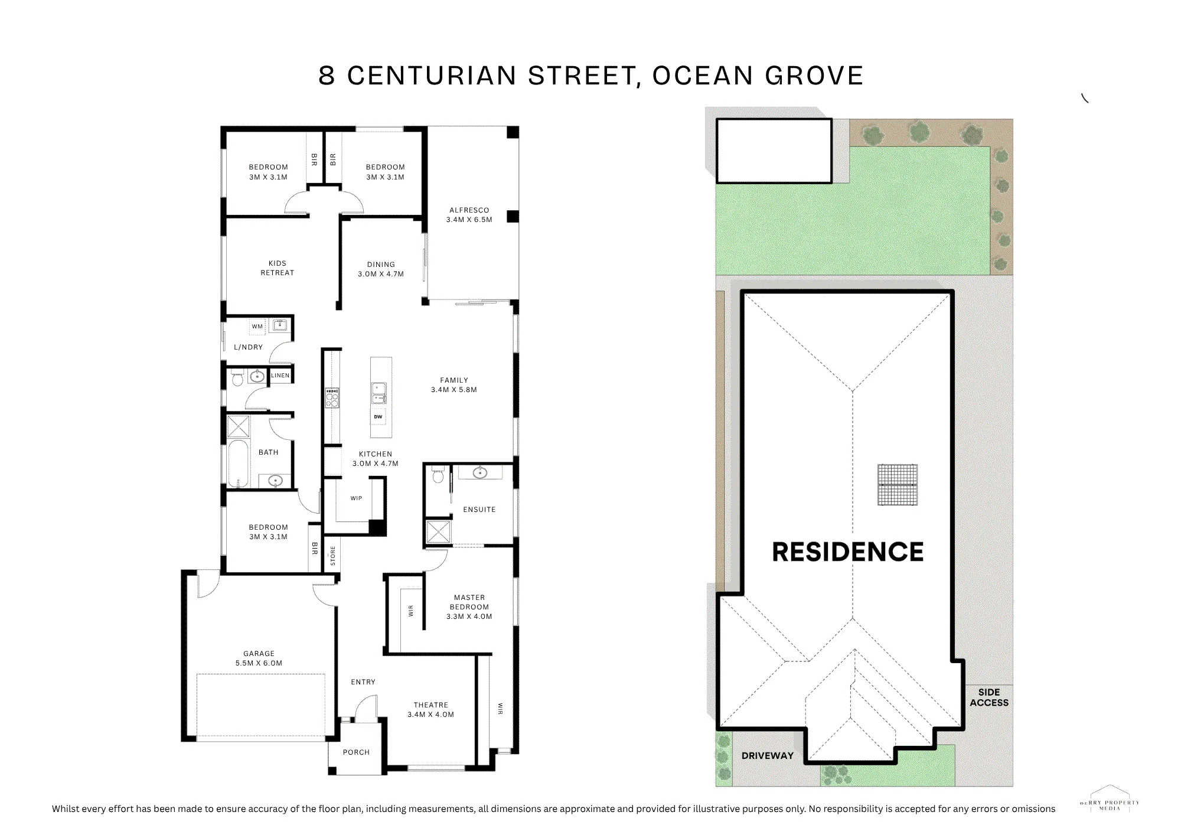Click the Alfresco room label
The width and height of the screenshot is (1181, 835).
point(469,214)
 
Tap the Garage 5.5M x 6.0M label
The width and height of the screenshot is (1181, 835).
point(259,658)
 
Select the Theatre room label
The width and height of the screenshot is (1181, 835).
point(431,709)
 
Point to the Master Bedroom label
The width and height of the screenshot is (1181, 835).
point(469,606)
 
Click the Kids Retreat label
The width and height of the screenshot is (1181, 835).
point(278,268)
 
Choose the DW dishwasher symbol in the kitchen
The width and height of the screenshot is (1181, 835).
point(378,416)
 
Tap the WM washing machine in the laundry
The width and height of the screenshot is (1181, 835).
point(257,326)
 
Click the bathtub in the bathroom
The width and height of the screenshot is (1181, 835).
point(237,464)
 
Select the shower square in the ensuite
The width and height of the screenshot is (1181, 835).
point(438,531)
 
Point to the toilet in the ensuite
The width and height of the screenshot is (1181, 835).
point(437,474)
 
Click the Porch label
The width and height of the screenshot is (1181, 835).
point(356,752)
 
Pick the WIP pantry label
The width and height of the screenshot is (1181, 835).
point(356,498)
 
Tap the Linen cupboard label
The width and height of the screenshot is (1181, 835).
point(280,376)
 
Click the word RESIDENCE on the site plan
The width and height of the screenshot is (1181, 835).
point(848,552)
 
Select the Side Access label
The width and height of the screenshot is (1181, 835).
point(989,697)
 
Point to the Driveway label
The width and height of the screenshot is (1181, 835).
point(768,756)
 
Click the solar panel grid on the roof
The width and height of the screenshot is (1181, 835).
point(898,485)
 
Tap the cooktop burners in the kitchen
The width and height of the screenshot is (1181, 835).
point(332,398)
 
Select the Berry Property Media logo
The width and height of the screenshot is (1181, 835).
point(1110,798)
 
